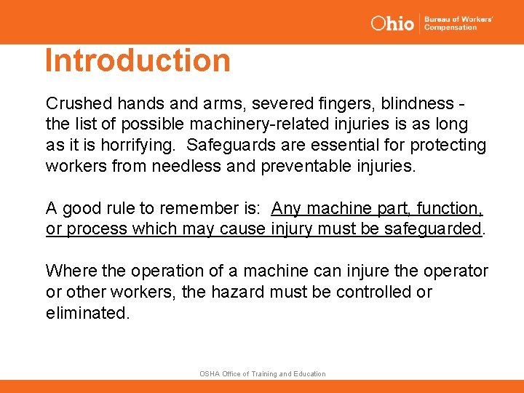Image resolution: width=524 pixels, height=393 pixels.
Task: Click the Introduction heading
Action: (x=138, y=60)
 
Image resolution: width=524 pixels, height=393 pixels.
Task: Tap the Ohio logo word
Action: (x=392, y=23)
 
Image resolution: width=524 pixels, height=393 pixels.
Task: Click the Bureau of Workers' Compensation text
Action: (x=458, y=23)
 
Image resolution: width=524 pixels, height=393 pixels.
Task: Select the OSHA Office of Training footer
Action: (x=263, y=373)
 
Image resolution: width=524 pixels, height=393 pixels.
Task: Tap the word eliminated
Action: (x=87, y=314)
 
